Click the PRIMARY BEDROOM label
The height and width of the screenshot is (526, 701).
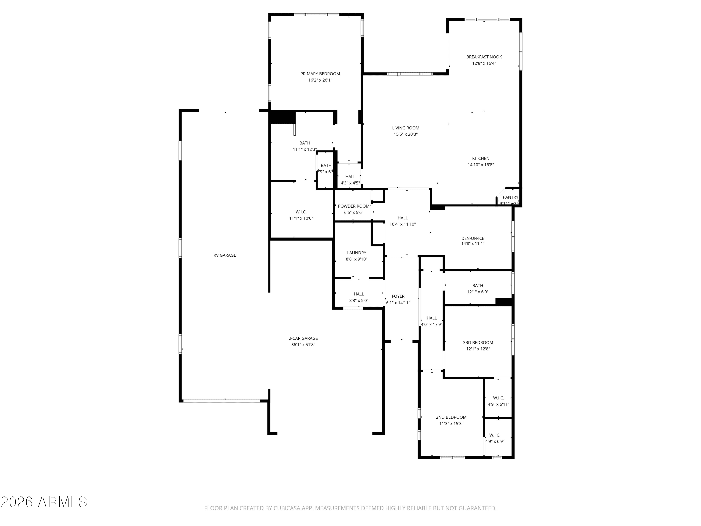coord(320,74)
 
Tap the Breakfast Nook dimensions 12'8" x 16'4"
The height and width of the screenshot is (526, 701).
coord(484,63)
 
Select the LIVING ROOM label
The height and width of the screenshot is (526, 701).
coord(406,128)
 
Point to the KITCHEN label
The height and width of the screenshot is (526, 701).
coord(481,159)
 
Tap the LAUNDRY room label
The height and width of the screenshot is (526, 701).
coord(357,253)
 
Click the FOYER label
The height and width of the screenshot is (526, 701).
coord(398,296)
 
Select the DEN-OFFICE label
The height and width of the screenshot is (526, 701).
coord(472,238)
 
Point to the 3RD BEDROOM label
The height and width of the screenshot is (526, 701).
coord(478,342)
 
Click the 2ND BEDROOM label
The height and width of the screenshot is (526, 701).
coord(451,417)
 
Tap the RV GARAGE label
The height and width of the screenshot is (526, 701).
coord(225,255)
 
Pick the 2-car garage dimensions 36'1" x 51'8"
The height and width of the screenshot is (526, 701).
coord(303,345)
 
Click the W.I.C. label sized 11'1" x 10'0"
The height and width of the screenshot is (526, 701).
coord(301,212)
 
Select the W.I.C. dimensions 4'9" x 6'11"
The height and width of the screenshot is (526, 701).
coord(498,404)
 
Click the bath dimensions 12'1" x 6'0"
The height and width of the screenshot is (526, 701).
coord(478,292)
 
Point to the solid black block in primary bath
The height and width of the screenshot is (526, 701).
coord(282,117)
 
